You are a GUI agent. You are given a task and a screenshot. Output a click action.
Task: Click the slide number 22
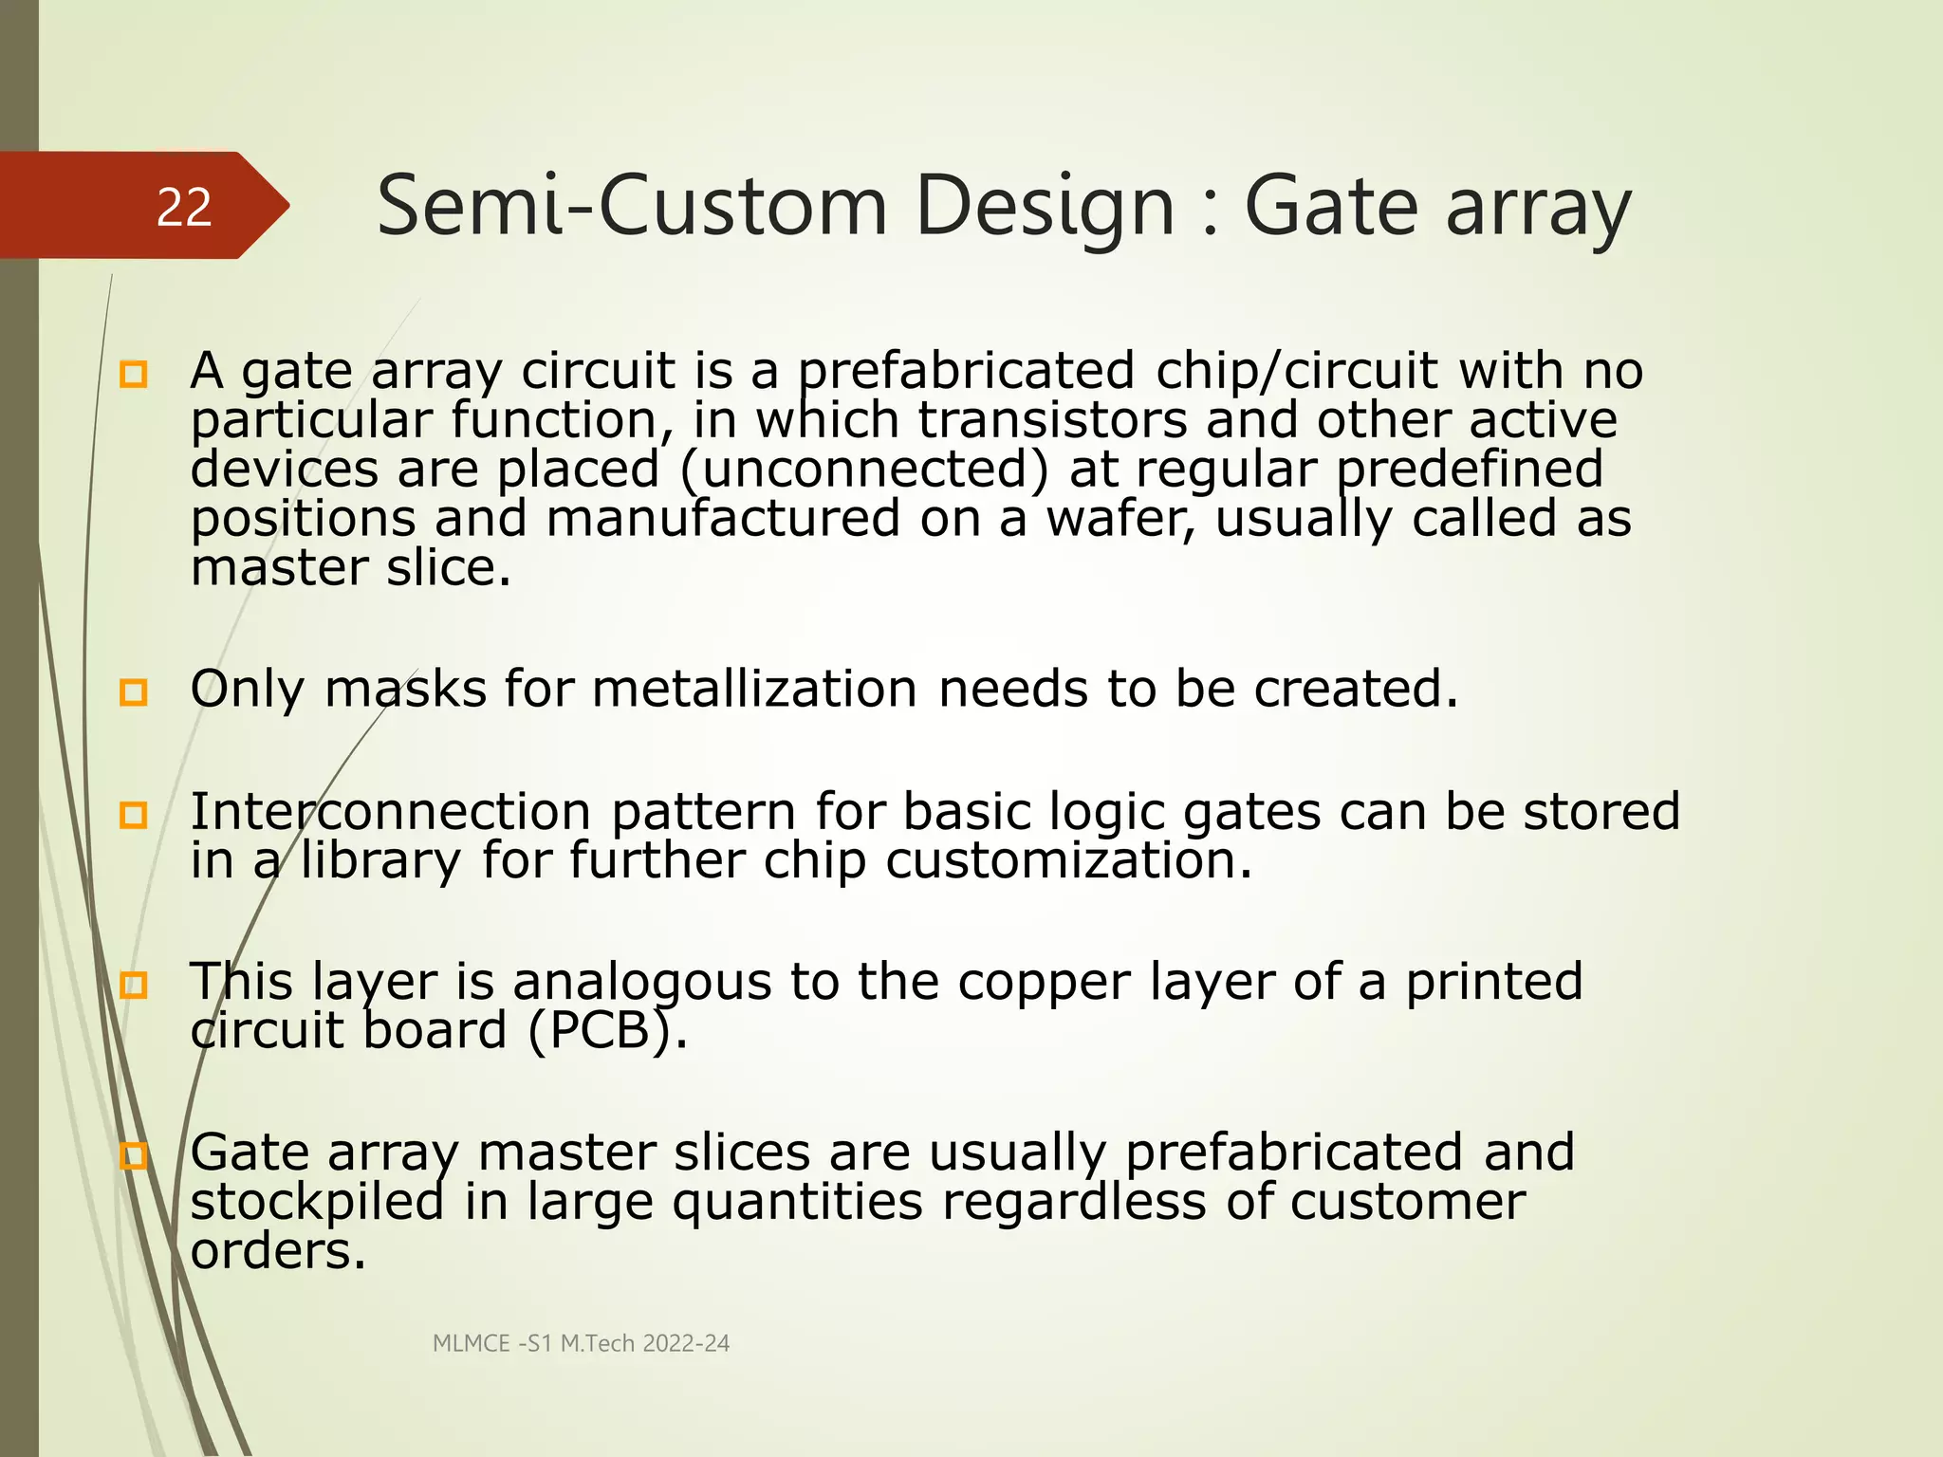click(x=184, y=207)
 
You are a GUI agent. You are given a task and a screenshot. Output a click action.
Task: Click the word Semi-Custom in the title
click(x=632, y=207)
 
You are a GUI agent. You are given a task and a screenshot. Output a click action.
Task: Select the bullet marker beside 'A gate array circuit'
click(x=134, y=375)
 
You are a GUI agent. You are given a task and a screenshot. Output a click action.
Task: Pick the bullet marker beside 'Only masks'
click(x=134, y=692)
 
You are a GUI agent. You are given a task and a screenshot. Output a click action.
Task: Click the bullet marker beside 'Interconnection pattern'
click(x=134, y=815)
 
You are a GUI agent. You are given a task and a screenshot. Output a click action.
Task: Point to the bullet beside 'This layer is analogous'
click(x=134, y=986)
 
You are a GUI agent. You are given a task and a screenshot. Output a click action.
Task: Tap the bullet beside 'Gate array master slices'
click(x=134, y=1155)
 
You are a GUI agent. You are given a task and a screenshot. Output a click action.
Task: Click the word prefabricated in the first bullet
click(x=966, y=371)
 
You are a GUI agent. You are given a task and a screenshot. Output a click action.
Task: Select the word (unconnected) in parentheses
click(x=865, y=470)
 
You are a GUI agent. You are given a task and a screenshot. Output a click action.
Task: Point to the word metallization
click(x=754, y=689)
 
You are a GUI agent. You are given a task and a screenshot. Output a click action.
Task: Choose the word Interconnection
click(x=391, y=812)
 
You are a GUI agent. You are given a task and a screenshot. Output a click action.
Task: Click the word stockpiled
click(x=317, y=1203)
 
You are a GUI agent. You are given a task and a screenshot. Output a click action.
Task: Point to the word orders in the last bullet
click(x=277, y=1251)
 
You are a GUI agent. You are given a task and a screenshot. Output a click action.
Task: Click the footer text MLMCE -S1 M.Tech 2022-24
click(x=581, y=1343)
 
